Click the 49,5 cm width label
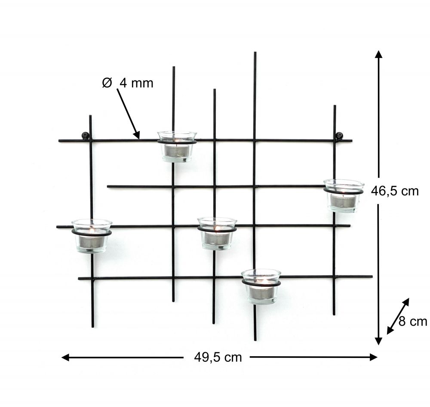point(218,357)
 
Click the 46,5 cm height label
point(395,191)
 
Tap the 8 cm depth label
point(412,321)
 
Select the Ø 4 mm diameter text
point(128,83)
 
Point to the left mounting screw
point(85,136)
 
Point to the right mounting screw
point(339,136)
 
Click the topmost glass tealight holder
point(177,146)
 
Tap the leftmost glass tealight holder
point(92,236)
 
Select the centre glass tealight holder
point(217,233)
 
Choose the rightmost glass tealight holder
point(343,196)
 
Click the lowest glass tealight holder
point(261,286)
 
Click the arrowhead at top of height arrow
point(378,54)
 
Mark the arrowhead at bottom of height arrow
point(378,341)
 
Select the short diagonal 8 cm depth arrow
point(398,316)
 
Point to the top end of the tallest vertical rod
point(255,53)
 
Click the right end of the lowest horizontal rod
point(372,276)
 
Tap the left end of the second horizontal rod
point(108,186)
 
